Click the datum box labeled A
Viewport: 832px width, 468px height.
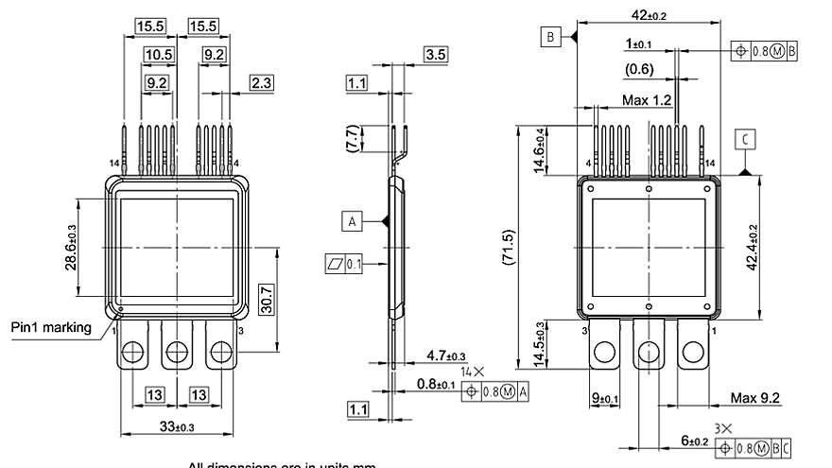point(352,221)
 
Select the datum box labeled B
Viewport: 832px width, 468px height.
point(550,37)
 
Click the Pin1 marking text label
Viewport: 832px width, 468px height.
point(51,328)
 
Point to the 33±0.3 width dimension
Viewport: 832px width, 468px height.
point(176,426)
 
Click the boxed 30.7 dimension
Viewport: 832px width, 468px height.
point(267,300)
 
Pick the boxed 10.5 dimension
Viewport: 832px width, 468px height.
point(158,55)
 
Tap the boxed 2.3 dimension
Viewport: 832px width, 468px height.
point(261,83)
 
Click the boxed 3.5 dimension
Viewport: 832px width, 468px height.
point(436,54)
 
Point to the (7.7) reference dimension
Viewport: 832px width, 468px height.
point(353,141)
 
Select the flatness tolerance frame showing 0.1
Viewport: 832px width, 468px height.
point(346,264)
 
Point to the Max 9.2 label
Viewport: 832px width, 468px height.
point(755,399)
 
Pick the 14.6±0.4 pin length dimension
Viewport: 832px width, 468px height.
point(538,150)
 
